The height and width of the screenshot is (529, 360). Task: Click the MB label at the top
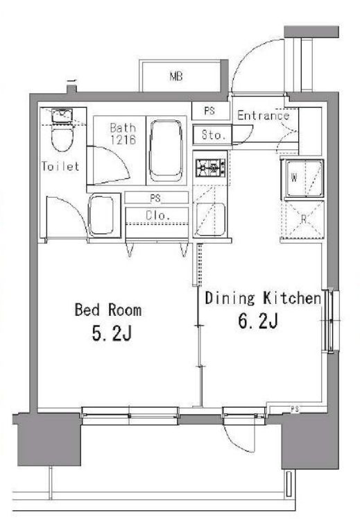pyautogui.click(x=176, y=76)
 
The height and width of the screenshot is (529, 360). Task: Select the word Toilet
pyautogui.click(x=60, y=166)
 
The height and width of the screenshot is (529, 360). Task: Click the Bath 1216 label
pyautogui.click(x=123, y=133)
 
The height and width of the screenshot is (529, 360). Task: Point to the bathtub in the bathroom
pyautogui.click(x=166, y=151)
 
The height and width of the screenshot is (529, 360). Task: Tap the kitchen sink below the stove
pyautogui.click(x=210, y=219)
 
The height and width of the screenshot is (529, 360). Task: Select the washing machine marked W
pyautogui.click(x=304, y=178)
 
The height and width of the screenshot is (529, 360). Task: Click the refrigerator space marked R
pyautogui.click(x=303, y=219)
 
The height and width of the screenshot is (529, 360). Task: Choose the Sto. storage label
pyautogui.click(x=213, y=135)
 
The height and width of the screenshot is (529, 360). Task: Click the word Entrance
pyautogui.click(x=263, y=115)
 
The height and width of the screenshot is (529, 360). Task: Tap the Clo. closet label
pyautogui.click(x=157, y=215)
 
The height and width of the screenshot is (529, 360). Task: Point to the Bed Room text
pyautogui.click(x=108, y=310)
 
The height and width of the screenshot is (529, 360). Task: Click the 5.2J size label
pyautogui.click(x=111, y=334)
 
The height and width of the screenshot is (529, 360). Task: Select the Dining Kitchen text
pyautogui.click(x=263, y=299)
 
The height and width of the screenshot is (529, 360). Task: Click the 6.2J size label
pyautogui.click(x=258, y=321)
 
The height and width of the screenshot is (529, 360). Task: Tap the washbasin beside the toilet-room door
pyautogui.click(x=101, y=216)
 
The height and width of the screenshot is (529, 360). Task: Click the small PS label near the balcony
pyautogui.click(x=295, y=409)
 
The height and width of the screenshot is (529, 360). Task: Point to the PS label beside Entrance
pyautogui.click(x=209, y=110)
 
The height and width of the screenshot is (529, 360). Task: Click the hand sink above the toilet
pyautogui.click(x=62, y=116)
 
